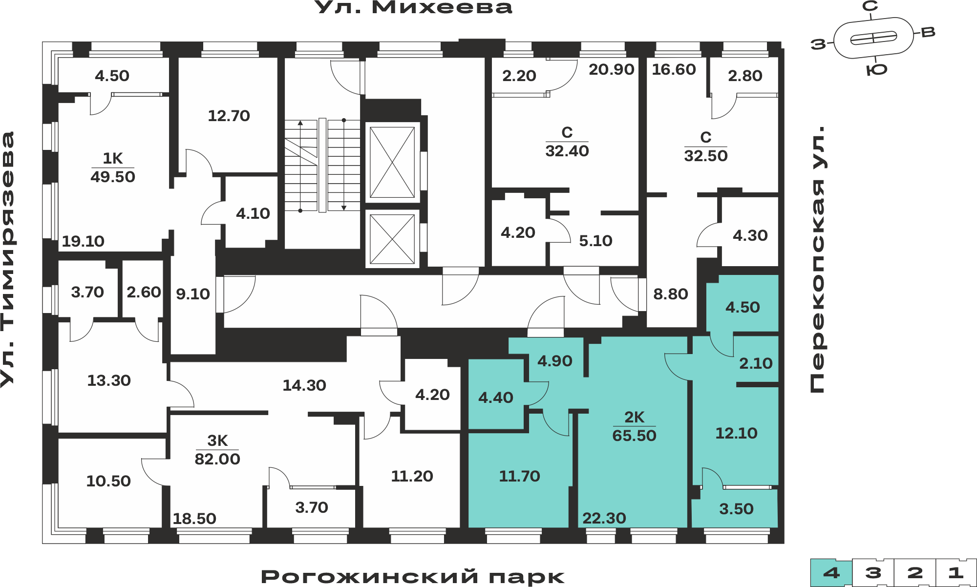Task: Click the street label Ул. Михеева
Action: click(413, 7)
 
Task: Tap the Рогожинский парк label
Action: click(413, 576)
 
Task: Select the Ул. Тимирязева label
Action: click(8, 259)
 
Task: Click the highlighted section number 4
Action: click(831, 573)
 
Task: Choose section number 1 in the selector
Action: click(956, 573)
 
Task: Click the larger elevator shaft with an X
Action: click(392, 163)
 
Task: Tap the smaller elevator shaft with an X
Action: click(392, 239)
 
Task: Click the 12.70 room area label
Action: click(229, 116)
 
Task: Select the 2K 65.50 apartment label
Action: click(634, 426)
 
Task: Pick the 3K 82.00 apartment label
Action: click(217, 450)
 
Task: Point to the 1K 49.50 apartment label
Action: click(112, 168)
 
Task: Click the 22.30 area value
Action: click(604, 518)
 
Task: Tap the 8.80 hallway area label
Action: click(671, 294)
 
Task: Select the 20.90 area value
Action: click(612, 69)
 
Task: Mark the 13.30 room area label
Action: click(109, 380)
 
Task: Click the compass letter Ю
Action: click(877, 70)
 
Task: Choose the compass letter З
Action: click(818, 44)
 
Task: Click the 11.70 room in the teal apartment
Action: click(519, 476)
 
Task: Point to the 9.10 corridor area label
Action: click(193, 294)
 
